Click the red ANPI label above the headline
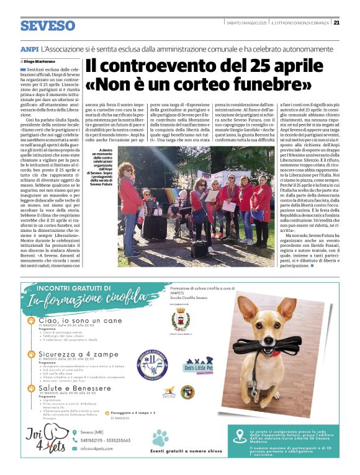(29, 48)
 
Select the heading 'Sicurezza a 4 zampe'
(72, 353)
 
